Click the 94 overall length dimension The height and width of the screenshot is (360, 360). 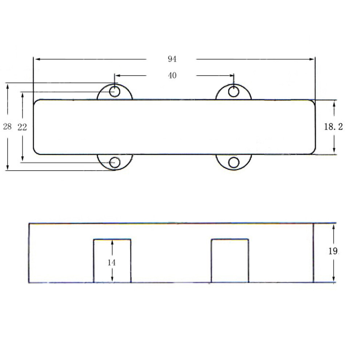(x=172, y=59)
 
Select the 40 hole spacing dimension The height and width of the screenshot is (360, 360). (x=172, y=75)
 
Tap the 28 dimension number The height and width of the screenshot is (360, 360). (x=7, y=126)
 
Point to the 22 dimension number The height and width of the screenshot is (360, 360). (x=22, y=127)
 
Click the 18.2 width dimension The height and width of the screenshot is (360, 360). (x=333, y=127)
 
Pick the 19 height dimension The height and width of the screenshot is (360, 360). (x=333, y=251)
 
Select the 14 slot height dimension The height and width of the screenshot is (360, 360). (x=112, y=263)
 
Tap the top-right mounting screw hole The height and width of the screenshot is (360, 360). (x=233, y=92)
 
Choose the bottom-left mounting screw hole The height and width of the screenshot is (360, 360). (x=115, y=163)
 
